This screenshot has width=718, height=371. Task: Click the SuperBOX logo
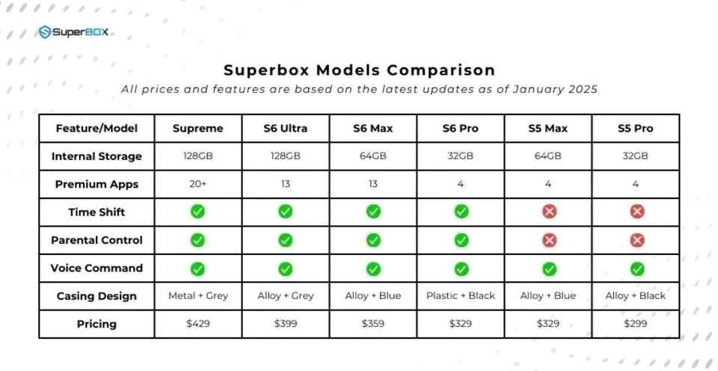coord(76,32)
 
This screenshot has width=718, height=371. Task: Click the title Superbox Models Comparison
coord(359,70)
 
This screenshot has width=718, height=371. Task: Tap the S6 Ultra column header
coord(285,129)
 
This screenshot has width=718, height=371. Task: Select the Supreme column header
coord(197,129)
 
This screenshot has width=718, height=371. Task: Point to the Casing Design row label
coord(96,296)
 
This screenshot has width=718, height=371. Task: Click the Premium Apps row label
coord(96,184)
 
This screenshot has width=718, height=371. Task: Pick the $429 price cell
coord(197,324)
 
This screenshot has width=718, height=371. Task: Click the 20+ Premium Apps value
coord(197,184)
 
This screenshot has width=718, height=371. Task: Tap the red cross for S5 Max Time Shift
coord(549,212)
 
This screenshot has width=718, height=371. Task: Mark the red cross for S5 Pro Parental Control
coord(636,240)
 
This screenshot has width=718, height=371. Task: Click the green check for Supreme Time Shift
coord(197,212)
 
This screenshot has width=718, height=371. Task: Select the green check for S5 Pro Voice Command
coord(636,268)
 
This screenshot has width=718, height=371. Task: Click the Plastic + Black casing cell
coord(461,296)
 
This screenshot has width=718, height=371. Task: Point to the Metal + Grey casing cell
coord(197,296)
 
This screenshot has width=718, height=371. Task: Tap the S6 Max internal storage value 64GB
coord(373,156)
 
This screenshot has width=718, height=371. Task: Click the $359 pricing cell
coord(373,324)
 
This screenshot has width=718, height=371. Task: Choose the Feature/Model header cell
coord(96,129)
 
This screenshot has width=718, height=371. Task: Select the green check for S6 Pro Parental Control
coord(461,240)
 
